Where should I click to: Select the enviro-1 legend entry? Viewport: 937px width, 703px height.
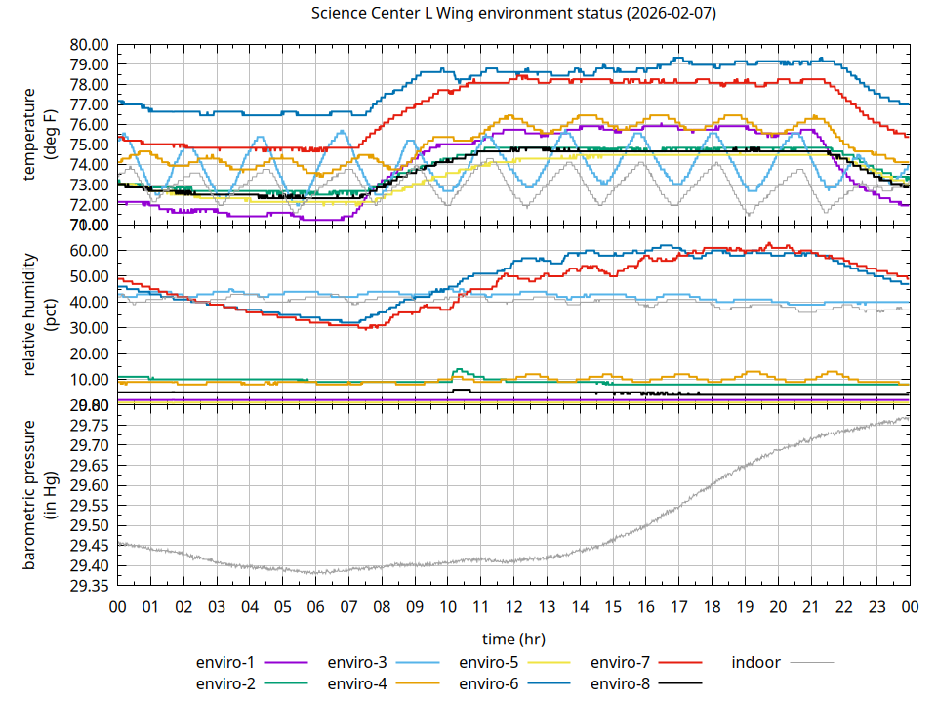point(225,662)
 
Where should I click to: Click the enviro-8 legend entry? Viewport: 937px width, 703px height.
point(620,683)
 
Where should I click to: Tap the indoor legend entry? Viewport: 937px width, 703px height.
point(756,662)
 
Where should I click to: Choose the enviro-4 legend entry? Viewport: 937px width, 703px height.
point(357,683)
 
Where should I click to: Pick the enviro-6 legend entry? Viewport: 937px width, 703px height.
point(488,683)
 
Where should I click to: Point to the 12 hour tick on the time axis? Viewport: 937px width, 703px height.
point(513,607)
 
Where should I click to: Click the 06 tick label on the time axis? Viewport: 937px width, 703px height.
point(315,607)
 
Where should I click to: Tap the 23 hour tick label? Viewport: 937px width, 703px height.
point(876,607)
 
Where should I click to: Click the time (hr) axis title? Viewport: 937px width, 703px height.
point(513,639)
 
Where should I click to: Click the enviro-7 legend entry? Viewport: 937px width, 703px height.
point(620,662)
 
